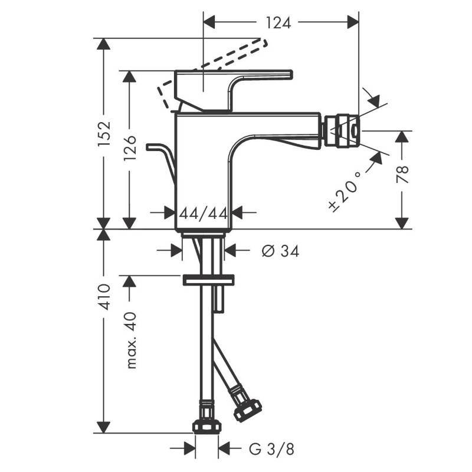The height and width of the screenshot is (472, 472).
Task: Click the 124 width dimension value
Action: point(278,23)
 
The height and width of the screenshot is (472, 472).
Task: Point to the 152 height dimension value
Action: point(104,134)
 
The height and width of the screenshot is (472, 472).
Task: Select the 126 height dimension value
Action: point(130,148)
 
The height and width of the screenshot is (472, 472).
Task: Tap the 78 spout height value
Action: point(402,174)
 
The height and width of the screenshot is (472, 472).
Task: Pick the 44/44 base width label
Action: point(204,214)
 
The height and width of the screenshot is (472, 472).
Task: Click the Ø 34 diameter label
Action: point(280,251)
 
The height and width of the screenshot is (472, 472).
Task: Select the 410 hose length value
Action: point(104,297)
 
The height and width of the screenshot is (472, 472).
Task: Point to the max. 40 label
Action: point(131,340)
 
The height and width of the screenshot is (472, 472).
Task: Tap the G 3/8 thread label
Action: point(271,450)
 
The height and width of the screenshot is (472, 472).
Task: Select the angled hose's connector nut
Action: point(247,410)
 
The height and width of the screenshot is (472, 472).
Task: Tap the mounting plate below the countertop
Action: point(208,280)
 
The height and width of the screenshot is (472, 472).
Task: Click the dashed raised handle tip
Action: point(264,42)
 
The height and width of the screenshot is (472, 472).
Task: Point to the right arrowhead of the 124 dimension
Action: point(353,22)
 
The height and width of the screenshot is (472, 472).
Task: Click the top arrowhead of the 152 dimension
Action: point(104,44)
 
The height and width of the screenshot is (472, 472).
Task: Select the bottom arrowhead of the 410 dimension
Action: point(104,427)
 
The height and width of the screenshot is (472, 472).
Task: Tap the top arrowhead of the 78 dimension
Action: point(402,137)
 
